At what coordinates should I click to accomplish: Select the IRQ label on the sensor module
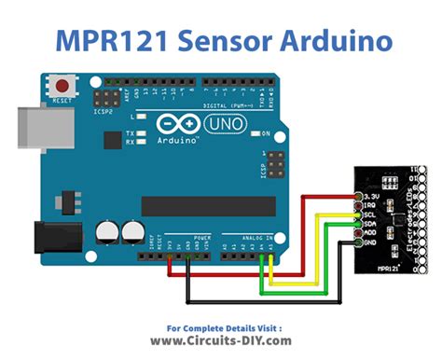coord(368,206)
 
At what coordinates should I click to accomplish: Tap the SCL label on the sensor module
coord(368,215)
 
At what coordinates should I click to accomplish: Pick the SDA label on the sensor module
coord(368,224)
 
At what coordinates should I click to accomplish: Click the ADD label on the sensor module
coord(368,233)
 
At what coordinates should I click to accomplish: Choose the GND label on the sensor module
coord(368,242)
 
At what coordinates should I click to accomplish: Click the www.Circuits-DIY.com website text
coord(221,341)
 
